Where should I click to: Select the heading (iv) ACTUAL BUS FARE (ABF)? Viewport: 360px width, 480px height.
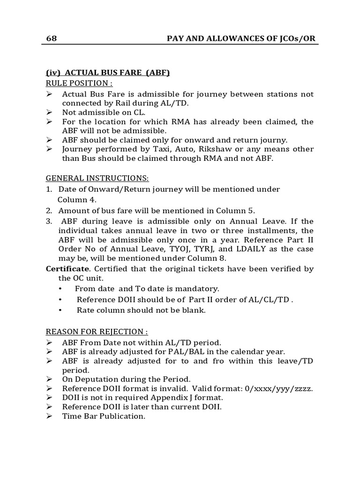click(107, 73)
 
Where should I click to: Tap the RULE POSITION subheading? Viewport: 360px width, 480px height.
click(79, 83)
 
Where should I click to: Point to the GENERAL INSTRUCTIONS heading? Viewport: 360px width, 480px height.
click(97, 178)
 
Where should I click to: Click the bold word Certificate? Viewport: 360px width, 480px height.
click(67, 269)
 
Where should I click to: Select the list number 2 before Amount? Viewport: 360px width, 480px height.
click(48, 210)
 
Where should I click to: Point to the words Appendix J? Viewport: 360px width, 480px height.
click(162, 397)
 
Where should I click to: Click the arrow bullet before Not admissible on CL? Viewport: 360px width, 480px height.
click(50, 112)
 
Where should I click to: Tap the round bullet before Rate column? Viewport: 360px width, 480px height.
click(60, 310)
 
